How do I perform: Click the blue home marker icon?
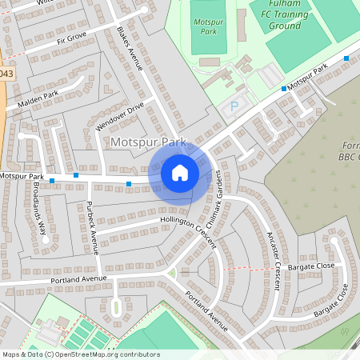point(180,172)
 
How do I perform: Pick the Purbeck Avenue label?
point(91,227)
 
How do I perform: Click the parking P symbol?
point(234,106)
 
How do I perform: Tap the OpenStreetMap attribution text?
point(81,354)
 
